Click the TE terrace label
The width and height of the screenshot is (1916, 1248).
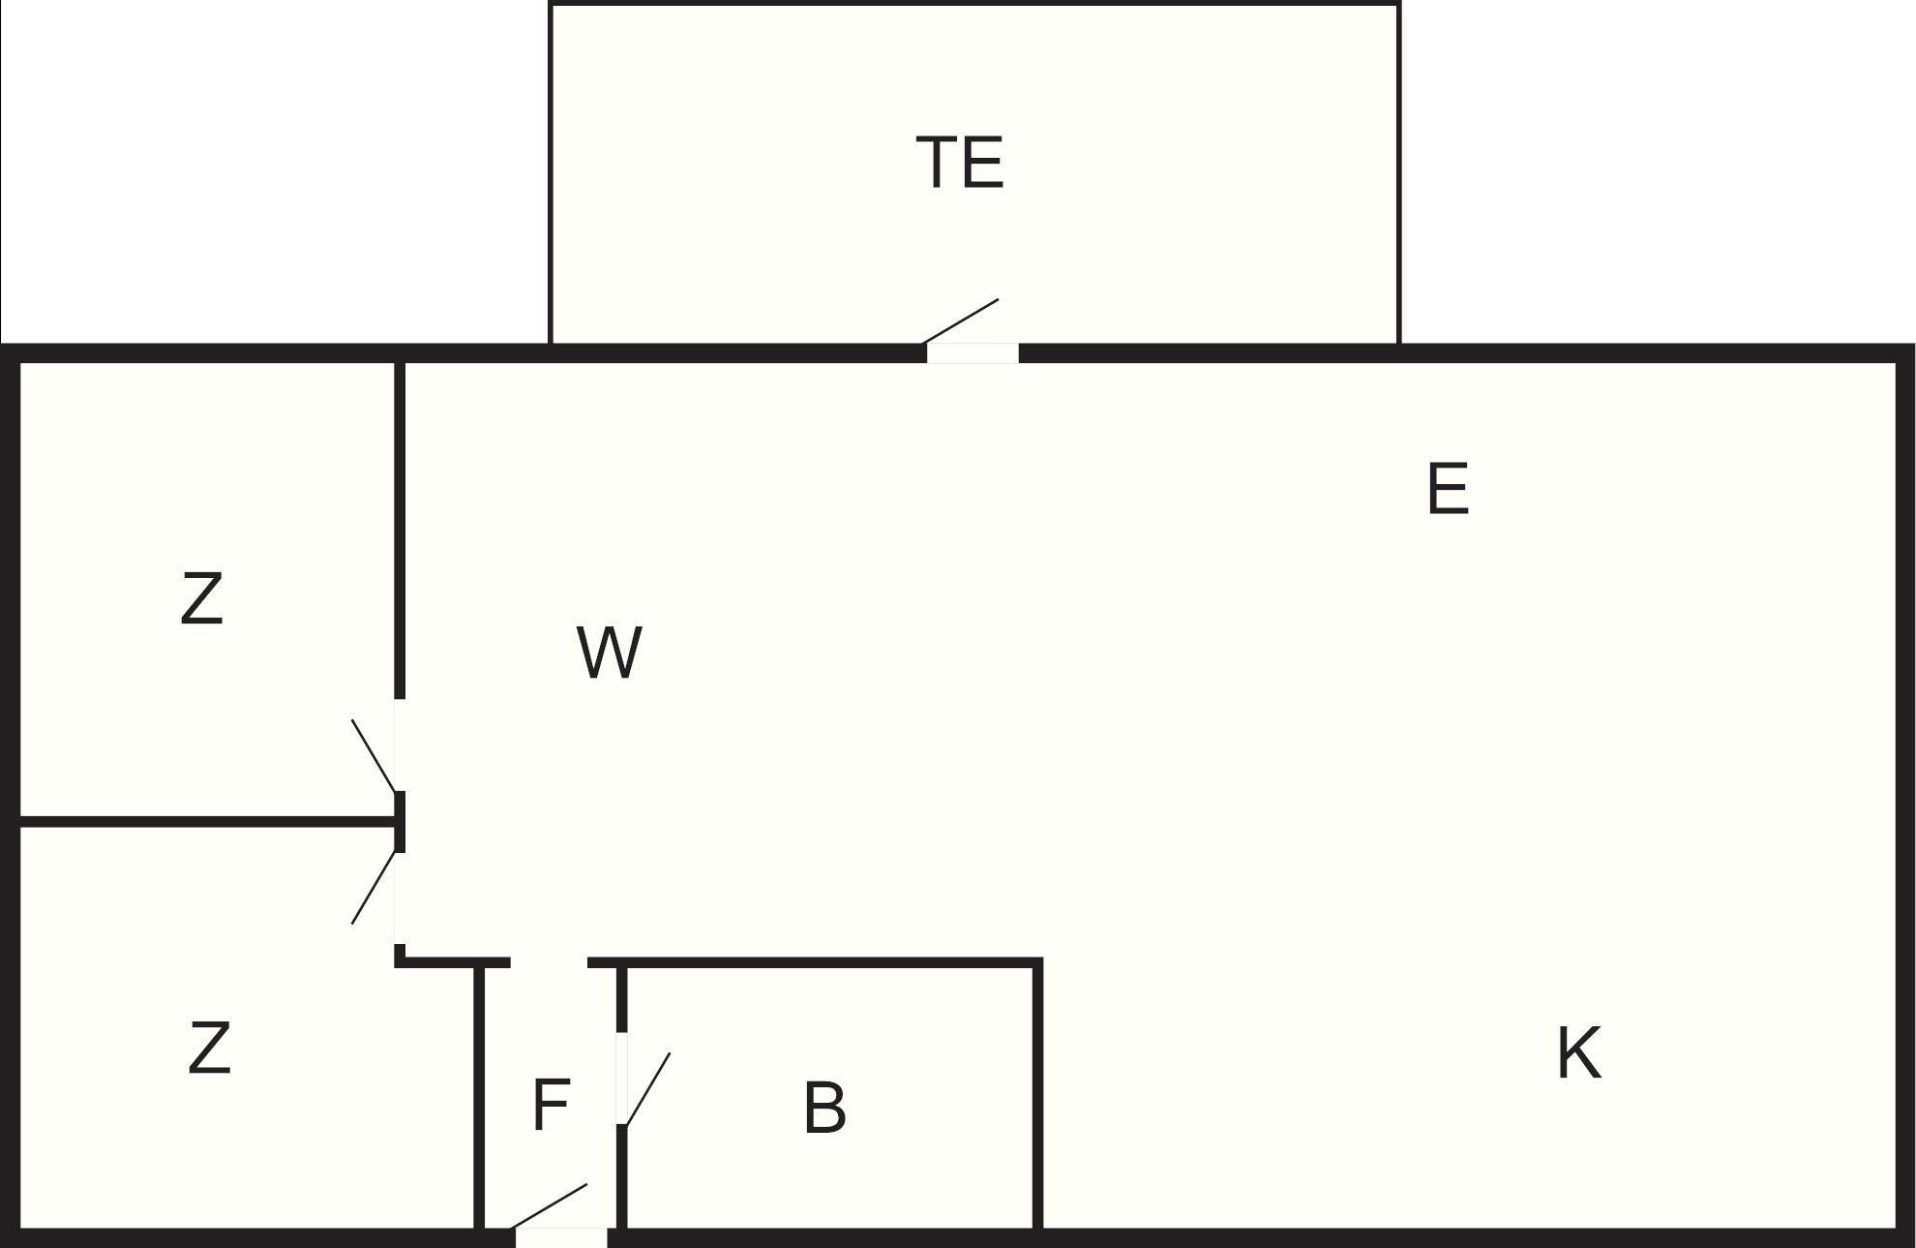coord(959,163)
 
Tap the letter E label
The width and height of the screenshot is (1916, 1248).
coord(1448,489)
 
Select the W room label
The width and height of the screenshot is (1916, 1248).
coord(609,653)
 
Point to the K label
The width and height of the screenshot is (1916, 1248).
coord(1578,1053)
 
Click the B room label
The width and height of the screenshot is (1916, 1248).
coord(824,1108)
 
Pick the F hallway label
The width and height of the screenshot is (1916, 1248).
coord(552,1105)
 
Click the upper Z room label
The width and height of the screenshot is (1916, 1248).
coord(201,598)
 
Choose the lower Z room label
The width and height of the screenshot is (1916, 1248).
coord(209,1048)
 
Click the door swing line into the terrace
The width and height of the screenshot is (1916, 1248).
coord(961,320)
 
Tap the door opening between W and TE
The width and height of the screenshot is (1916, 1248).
coord(973,353)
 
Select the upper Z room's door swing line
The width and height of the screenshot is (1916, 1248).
coord(374,756)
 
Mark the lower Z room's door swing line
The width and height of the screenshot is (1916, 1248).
coord(374,887)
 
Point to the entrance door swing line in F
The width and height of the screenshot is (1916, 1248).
coord(549,1204)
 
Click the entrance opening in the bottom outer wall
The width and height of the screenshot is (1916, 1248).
coord(561,1237)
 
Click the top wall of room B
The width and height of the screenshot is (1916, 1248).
coord(832,962)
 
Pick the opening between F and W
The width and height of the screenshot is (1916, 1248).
coord(549,962)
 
